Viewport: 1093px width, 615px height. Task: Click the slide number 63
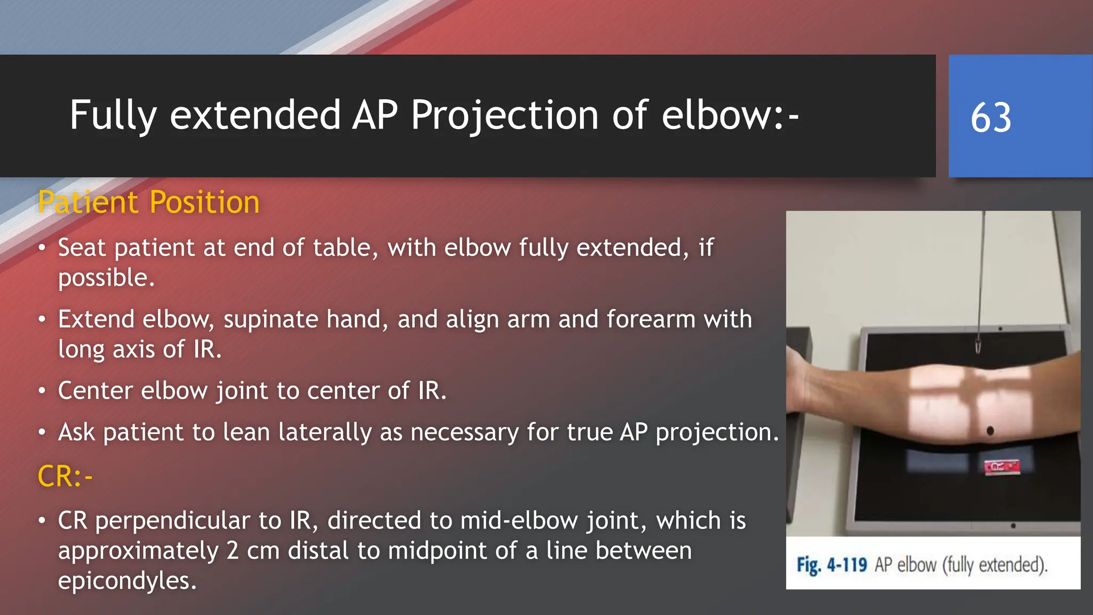click(x=991, y=117)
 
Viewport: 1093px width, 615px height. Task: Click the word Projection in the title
click(x=504, y=115)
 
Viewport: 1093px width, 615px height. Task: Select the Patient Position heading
click(x=148, y=202)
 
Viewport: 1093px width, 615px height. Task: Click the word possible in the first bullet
click(x=104, y=278)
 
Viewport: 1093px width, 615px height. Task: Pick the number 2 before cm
click(x=232, y=551)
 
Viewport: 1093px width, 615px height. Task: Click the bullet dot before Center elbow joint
click(x=42, y=391)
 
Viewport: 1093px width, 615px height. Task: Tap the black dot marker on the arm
click(x=990, y=430)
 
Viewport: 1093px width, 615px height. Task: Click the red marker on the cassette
click(x=1002, y=467)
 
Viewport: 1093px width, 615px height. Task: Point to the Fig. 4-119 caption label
click(x=831, y=565)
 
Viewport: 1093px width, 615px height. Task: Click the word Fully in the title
click(x=113, y=115)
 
